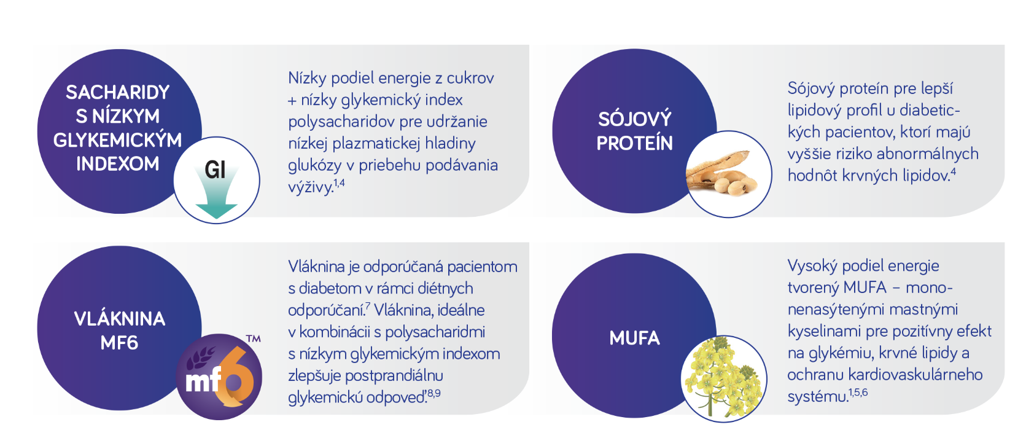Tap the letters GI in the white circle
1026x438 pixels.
(216, 170)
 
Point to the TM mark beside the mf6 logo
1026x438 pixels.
(254, 338)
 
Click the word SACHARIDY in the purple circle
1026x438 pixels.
(118, 93)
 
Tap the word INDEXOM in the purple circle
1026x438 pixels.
(118, 164)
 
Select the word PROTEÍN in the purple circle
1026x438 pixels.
(634, 143)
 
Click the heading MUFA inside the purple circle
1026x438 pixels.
(634, 338)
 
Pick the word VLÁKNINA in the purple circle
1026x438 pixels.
(120, 319)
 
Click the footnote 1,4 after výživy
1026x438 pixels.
(340, 183)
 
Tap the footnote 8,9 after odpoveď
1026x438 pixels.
(433, 393)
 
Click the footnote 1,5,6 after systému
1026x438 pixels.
(858, 392)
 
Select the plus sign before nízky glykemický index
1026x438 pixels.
(292, 101)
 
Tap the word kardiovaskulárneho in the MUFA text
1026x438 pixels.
(915, 375)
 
